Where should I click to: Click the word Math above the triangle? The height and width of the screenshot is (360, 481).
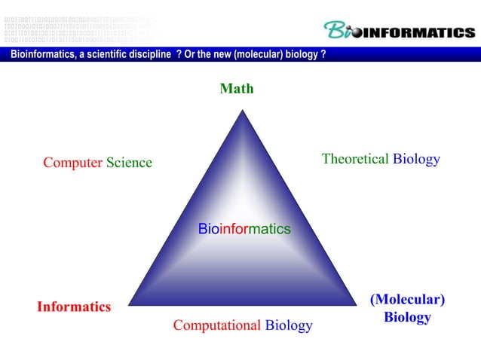tap(236, 89)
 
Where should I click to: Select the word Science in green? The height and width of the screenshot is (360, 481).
tap(129, 163)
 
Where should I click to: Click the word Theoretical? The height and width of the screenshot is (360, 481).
tap(355, 159)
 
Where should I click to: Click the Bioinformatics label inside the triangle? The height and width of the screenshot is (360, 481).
tap(244, 228)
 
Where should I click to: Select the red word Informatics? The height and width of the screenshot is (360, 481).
tap(74, 307)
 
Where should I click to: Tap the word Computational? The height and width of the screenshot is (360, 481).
tap(217, 325)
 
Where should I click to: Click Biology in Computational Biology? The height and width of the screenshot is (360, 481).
tap(289, 325)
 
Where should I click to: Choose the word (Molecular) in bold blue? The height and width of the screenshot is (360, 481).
tap(407, 300)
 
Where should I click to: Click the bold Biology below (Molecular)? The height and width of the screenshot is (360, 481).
tap(407, 318)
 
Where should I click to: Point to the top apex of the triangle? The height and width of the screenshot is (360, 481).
tap(242, 111)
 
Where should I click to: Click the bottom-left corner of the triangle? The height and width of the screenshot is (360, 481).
tap(127, 306)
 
